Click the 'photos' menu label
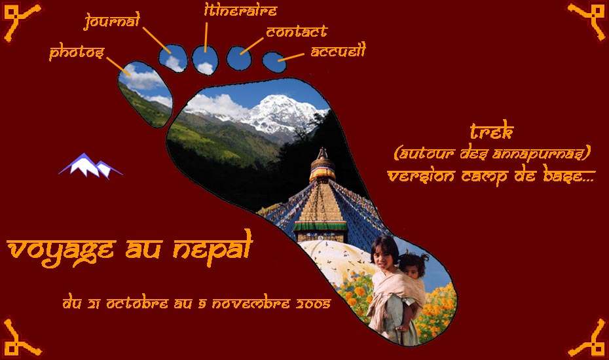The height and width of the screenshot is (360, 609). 77,53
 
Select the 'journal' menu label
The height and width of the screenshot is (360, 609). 112,20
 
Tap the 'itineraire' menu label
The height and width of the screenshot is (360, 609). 240,10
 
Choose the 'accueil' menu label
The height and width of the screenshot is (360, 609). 339,50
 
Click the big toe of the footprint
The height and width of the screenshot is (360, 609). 145,94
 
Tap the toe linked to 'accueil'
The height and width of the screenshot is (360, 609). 274,62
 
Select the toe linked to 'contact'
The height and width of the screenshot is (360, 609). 239,58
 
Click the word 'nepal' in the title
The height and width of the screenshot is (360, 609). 213,249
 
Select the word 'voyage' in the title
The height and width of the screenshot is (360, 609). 62,251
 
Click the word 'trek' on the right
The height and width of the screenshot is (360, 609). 492,131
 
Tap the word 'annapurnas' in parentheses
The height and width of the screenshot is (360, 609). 539,154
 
